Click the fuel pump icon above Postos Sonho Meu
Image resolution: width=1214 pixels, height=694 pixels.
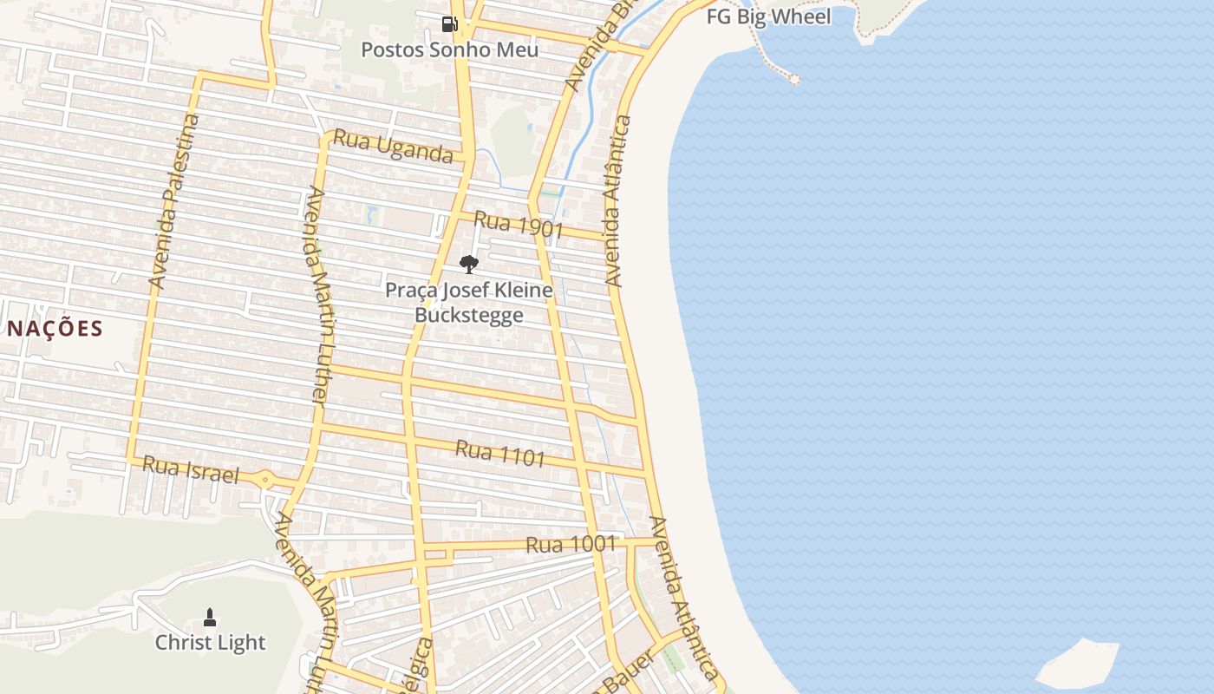coord(449,24)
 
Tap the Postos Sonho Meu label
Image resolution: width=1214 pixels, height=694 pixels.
coord(449,49)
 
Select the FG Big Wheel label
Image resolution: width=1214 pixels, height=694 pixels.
coord(768,16)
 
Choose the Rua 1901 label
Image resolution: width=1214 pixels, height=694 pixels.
coord(519,226)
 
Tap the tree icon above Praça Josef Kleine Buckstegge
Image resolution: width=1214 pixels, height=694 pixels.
coord(468,265)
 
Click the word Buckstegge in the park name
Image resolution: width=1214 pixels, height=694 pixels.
coord(468,314)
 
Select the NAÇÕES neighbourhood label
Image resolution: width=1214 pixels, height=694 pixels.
coord(55,329)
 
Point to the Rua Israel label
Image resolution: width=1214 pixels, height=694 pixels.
coord(190,469)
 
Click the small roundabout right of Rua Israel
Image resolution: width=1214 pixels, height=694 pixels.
coord(264,478)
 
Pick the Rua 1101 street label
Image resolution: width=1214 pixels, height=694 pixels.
coord(499,452)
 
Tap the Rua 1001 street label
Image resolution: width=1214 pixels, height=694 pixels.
coord(571,545)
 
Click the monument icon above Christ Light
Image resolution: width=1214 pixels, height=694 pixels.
coord(209,618)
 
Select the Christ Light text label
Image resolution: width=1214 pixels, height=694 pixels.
coord(210,643)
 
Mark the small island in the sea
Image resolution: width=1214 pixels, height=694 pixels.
coord(1078,665)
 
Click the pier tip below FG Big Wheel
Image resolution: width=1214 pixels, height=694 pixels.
coord(793,79)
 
